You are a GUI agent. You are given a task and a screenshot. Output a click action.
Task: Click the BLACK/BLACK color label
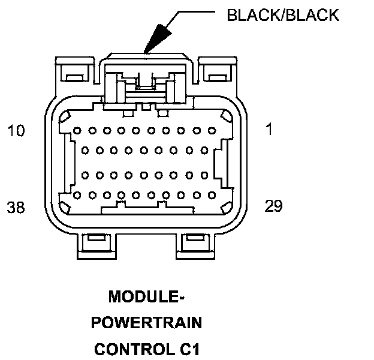point(282,15)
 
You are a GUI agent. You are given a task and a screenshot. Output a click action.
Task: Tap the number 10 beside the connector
point(16,130)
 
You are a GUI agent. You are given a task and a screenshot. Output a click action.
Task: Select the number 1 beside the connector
point(269,129)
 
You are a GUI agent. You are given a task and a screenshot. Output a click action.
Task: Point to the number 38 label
point(16,208)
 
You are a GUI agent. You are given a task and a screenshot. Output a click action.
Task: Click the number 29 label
point(273,206)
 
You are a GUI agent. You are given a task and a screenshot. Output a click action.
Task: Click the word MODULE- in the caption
point(146,297)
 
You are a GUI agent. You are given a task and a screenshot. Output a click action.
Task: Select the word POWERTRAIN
point(146,323)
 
